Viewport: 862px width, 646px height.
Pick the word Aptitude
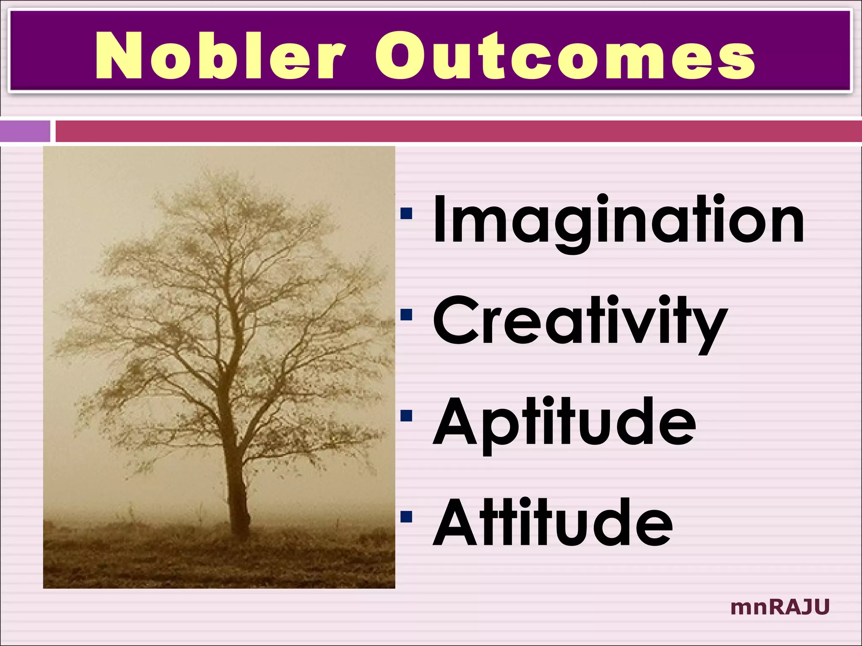pos(564,423)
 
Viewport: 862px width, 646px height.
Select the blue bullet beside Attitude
pos(407,516)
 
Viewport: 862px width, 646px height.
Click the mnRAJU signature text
pos(780,607)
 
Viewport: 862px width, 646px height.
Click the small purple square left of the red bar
pos(25,131)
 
